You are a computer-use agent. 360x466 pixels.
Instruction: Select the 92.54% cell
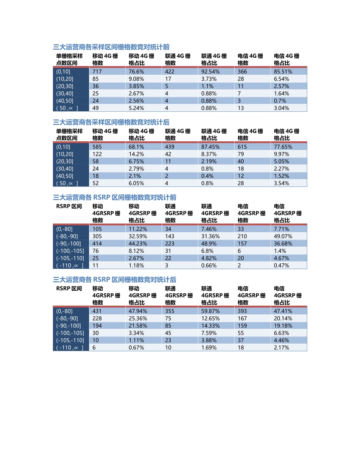(x=210, y=72)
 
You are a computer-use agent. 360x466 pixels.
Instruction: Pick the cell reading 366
(x=242, y=72)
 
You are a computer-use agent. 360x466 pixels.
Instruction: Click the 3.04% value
(x=282, y=108)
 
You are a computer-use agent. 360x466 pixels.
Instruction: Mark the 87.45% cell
(x=210, y=147)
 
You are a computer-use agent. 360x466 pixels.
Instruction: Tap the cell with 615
(x=242, y=147)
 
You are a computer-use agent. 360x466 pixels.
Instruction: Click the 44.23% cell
(x=138, y=244)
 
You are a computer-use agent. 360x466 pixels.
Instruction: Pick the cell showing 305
(x=97, y=236)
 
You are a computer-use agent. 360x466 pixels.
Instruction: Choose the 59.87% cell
(x=210, y=311)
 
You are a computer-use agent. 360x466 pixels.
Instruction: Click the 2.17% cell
(x=282, y=348)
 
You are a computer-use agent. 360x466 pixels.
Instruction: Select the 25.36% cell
(x=138, y=319)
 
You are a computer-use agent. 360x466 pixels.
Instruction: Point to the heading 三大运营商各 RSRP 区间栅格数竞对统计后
(x=114, y=280)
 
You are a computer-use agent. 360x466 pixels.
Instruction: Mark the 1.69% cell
(x=209, y=348)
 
